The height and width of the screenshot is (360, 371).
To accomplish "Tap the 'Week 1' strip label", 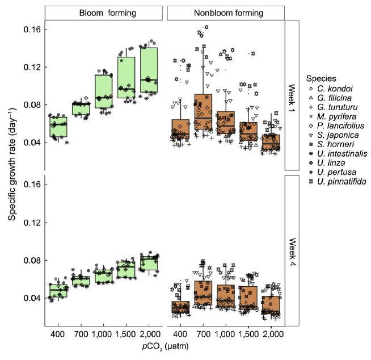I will coord(291,95).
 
